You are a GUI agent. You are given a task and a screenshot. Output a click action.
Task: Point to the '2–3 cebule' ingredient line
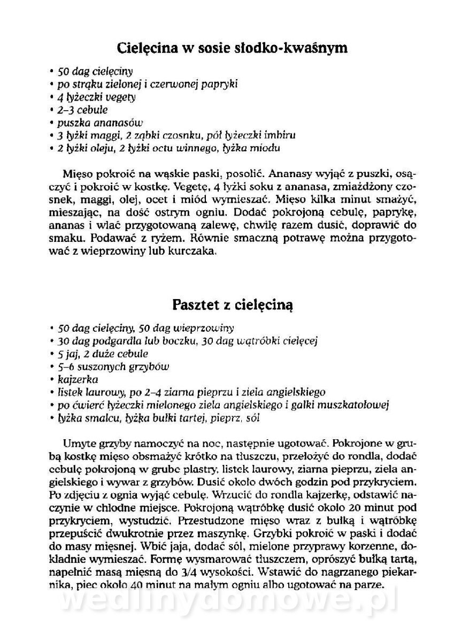coord(82,110)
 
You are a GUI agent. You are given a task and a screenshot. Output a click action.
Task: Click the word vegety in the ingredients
coord(122,97)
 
